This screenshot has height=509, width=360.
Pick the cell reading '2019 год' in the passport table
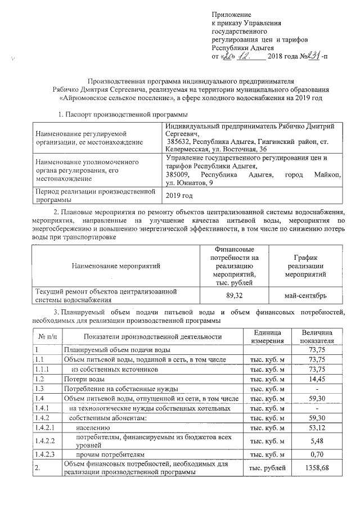pos(179,195)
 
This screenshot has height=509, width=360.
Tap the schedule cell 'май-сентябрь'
pos(306,295)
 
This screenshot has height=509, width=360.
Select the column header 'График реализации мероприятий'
pos(306,265)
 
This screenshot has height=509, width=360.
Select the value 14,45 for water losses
pos(317,379)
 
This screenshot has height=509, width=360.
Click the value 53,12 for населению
pos(317,428)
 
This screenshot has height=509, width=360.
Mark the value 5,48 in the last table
pos(317,441)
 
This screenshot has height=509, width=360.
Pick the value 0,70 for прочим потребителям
pos(317,454)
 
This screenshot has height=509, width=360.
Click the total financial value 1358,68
pos(317,468)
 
